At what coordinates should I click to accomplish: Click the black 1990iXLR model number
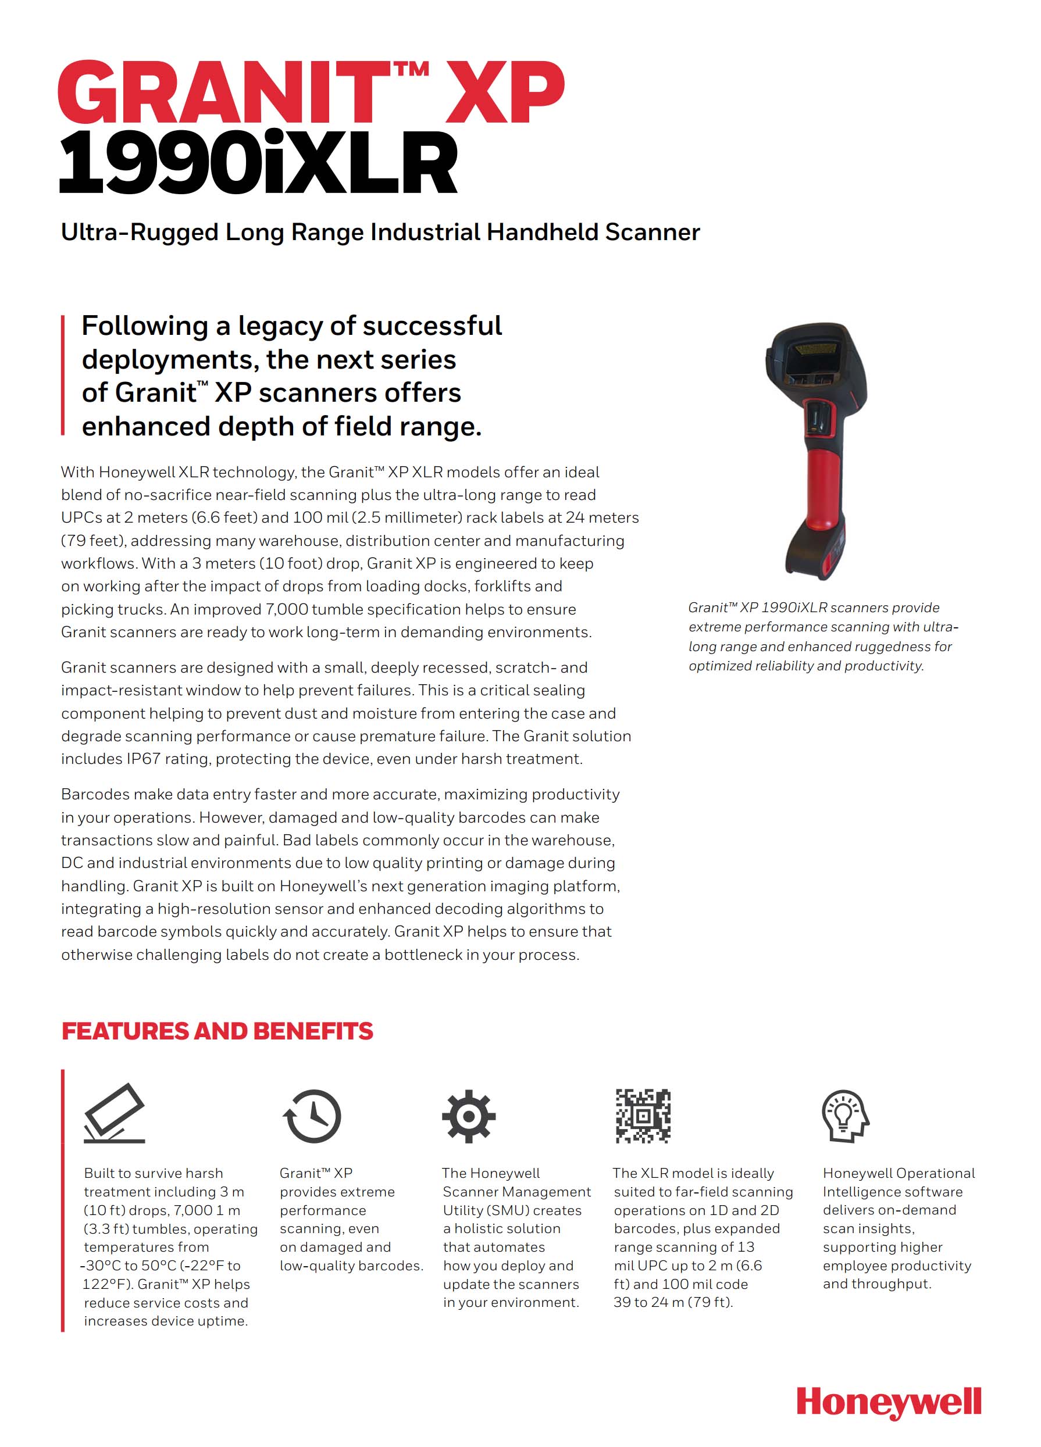tap(258, 162)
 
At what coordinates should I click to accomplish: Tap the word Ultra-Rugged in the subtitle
tap(139, 232)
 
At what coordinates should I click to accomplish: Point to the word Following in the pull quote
tap(144, 326)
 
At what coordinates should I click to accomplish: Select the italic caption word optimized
tap(719, 666)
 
